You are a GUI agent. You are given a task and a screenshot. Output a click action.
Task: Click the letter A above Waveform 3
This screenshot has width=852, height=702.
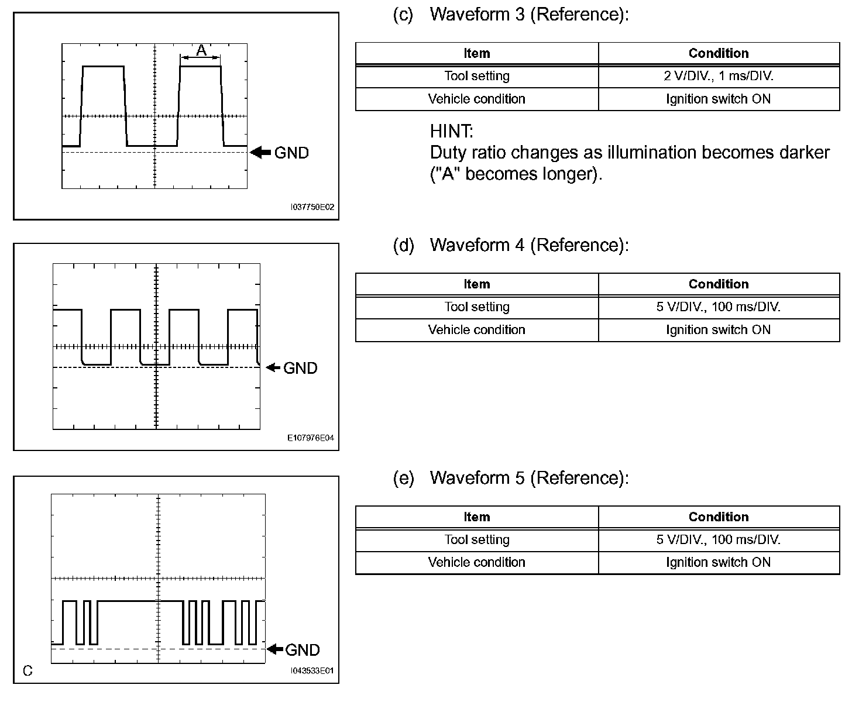point(201,51)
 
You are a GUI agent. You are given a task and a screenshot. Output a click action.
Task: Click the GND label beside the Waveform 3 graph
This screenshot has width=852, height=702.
point(291,153)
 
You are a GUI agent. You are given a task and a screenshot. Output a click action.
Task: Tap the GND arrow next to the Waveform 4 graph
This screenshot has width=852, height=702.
point(273,367)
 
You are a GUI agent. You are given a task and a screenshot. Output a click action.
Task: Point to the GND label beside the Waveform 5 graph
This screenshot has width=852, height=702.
point(302,650)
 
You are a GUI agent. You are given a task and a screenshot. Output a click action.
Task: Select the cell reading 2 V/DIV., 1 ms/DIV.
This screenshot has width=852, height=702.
point(718,76)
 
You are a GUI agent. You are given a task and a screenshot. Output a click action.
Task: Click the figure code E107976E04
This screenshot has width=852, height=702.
point(311,438)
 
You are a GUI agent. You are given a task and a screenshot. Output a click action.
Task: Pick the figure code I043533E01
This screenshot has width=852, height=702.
point(312,670)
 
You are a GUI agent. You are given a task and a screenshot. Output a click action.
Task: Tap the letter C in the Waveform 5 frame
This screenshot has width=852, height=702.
point(28,670)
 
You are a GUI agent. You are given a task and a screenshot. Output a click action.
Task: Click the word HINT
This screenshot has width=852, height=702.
point(451,130)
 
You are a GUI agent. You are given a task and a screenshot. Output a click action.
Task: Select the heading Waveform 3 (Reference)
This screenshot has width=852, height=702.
point(529,15)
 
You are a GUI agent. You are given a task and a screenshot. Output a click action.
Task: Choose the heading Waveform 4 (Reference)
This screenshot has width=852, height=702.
point(529,245)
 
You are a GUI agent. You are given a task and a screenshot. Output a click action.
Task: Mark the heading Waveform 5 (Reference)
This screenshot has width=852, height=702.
point(529,478)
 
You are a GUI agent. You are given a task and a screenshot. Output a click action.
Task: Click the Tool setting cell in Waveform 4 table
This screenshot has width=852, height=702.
point(476,307)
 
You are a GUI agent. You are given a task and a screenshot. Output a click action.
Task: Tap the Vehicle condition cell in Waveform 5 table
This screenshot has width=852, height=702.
point(476,562)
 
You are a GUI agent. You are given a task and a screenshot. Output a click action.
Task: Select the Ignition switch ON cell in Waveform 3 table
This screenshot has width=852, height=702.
point(718,99)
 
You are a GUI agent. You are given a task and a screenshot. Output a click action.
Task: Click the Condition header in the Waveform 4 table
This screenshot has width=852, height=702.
point(718,284)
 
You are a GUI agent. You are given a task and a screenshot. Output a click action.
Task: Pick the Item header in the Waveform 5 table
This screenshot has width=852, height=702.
point(476,517)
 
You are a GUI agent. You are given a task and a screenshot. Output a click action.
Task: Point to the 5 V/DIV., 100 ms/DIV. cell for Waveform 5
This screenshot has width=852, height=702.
point(718,539)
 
